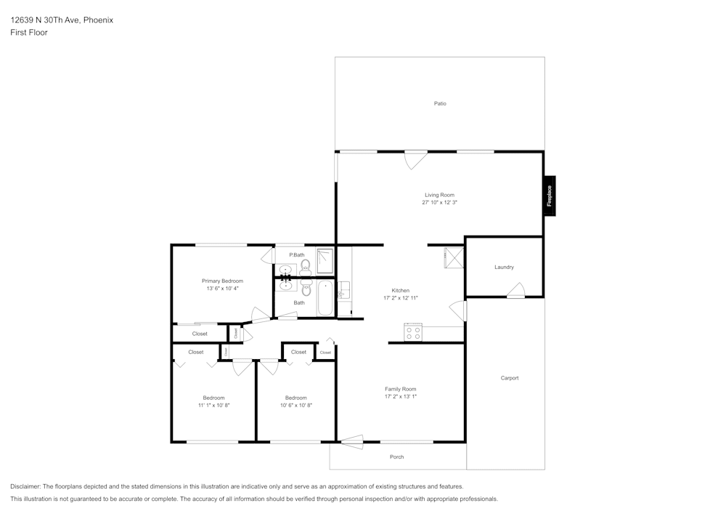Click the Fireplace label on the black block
click(550, 196)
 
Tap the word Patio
click(440, 103)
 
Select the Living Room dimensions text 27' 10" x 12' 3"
click(439, 203)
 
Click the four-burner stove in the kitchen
click(413, 333)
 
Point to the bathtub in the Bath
click(325, 299)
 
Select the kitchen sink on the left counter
click(344, 291)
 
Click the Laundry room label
click(504, 267)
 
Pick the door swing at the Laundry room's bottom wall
click(515, 292)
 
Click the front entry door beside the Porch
click(352, 441)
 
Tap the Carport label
click(510, 378)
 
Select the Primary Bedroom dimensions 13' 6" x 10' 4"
click(222, 289)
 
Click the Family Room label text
click(400, 389)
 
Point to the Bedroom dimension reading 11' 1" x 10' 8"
click(213, 405)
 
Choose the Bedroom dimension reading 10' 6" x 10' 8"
click(295, 405)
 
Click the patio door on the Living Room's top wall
click(416, 158)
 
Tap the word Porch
click(396, 457)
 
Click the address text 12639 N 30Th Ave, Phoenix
click(62, 20)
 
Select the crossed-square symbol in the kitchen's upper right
click(454, 258)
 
